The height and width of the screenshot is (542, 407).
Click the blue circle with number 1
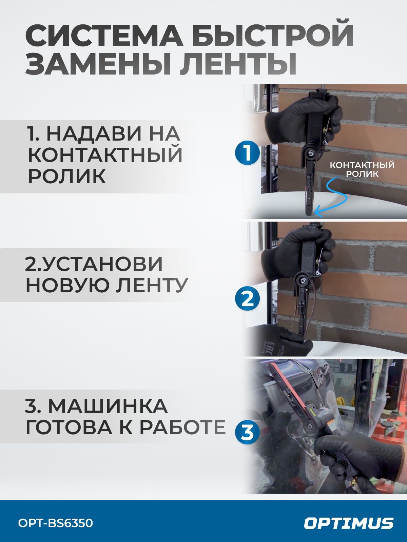[247, 153]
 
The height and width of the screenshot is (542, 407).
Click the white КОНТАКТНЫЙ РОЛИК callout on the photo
[362, 169]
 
